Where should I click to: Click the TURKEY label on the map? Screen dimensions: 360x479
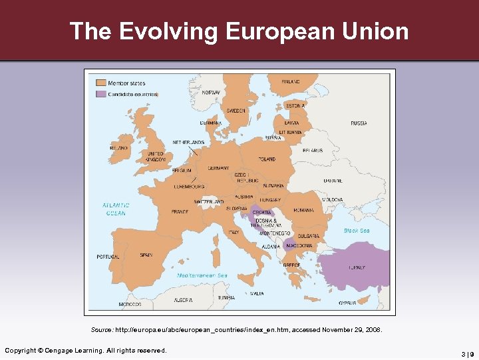[357, 268]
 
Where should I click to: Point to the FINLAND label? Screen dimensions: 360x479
[291, 81]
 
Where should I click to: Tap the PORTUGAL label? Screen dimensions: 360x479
[108, 257]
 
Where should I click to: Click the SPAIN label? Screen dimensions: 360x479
[146, 255]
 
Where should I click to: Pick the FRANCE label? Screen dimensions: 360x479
[180, 211]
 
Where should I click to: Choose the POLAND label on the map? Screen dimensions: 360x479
[267, 159]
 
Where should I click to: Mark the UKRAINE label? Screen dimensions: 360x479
[333, 181]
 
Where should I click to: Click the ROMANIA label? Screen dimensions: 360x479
[303, 211]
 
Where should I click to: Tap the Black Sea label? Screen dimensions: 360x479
[357, 231]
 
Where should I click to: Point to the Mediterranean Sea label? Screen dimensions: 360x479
[202, 275]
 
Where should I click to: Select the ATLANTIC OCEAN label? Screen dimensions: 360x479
[116, 209]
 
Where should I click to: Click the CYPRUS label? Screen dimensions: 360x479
[347, 303]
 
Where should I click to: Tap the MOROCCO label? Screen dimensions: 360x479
[130, 304]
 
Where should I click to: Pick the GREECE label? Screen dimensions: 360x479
[291, 265]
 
